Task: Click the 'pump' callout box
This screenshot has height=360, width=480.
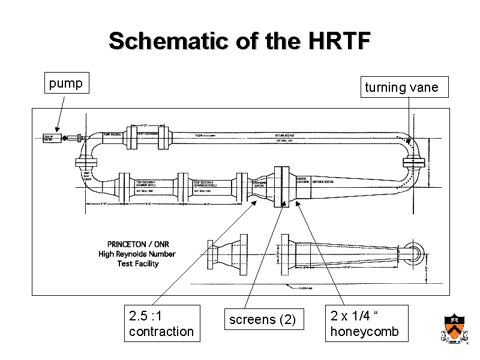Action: pos(66,83)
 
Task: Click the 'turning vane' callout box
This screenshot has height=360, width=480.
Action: pos(402,88)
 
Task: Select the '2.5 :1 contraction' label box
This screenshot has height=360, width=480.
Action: pos(161,323)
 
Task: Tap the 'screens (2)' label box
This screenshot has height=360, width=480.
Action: pos(263,320)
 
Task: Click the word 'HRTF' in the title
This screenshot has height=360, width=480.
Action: pos(337,41)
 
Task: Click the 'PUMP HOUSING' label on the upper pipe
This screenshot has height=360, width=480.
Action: pos(113,134)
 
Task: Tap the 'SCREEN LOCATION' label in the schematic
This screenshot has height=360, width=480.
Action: pos(304,180)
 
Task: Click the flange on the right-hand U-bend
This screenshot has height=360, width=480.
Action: pos(414,162)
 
